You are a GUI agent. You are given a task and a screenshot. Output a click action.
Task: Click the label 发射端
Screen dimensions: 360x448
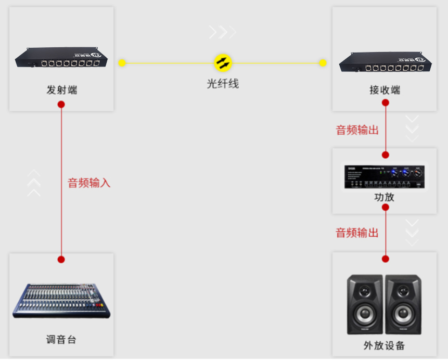pos(61,90)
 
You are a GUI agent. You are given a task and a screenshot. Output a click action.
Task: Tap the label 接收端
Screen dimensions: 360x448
pos(385,90)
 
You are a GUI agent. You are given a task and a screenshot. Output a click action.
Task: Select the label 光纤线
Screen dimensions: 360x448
pos(223,83)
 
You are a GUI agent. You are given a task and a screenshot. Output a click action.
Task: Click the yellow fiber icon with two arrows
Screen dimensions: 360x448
pos(223,63)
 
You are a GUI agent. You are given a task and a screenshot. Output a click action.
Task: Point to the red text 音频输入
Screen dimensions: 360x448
pos(89,183)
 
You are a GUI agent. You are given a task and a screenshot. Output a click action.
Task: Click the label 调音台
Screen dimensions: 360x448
pos(61,340)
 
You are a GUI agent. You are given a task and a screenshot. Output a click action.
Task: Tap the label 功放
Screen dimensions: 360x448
pos(385,197)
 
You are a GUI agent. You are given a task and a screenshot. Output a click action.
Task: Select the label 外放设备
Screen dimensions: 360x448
pos(385,345)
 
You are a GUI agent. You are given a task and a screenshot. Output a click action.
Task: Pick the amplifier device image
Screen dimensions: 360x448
pos(385,177)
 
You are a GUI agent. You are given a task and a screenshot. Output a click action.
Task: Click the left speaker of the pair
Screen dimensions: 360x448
pos(365,304)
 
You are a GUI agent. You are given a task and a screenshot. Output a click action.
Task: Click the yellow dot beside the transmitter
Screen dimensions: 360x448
pos(122,63)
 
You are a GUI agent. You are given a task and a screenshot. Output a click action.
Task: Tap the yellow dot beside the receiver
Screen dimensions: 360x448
pos(323,63)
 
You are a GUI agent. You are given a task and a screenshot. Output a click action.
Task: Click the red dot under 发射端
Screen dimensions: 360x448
pos(61,104)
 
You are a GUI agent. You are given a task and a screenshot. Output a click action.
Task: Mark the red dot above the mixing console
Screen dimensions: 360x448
pos(61,259)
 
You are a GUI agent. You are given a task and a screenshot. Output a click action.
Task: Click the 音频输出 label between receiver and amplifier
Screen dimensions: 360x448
pos(357,130)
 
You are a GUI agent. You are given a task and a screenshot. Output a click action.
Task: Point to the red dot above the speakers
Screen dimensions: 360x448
pos(386,259)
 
